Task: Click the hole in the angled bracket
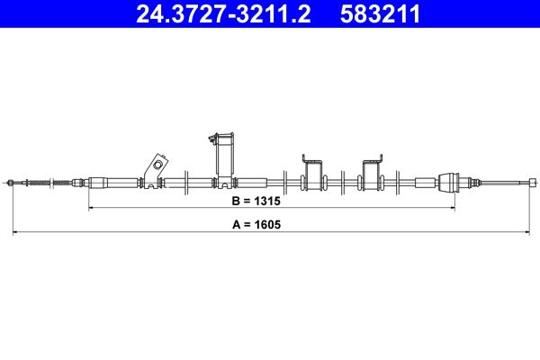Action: coord(157,166)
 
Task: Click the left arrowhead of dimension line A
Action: coord(15,232)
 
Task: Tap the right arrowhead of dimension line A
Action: coord(525,232)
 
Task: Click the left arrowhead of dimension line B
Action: coord(91,208)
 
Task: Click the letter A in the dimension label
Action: coord(235,224)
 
